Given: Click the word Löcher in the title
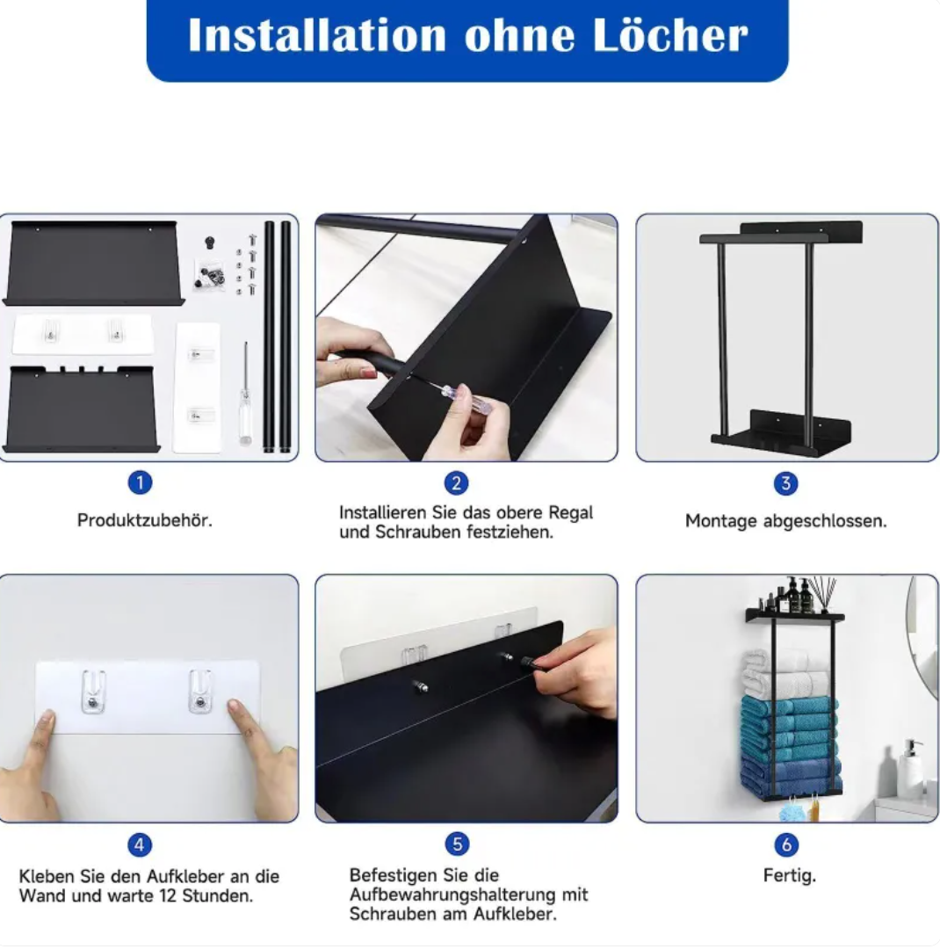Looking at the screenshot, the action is [x=669, y=35].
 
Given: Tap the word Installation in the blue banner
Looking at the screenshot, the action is [x=317, y=35].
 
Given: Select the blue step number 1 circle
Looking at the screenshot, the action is [x=140, y=482].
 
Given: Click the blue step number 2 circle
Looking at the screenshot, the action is [x=456, y=483].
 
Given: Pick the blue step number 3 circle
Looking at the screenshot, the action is [x=785, y=483].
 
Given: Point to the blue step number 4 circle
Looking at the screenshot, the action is [x=139, y=845].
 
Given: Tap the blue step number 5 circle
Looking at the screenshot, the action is [x=457, y=844].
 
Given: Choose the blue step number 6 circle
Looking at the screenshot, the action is [x=786, y=844].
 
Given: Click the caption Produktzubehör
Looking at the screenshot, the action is [x=145, y=520].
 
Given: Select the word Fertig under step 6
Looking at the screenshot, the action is [x=789, y=876].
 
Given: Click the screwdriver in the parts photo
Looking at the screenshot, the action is [x=245, y=394].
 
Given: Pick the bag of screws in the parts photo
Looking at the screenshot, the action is [x=209, y=275].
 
